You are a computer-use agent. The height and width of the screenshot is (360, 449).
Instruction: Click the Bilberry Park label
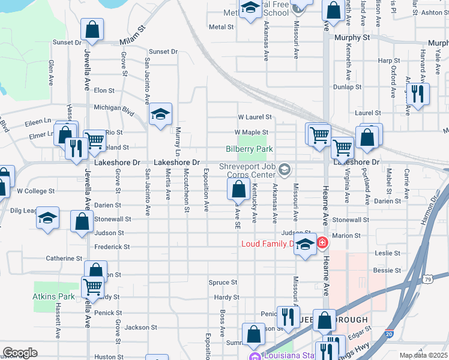pyautogui.click(x=249, y=149)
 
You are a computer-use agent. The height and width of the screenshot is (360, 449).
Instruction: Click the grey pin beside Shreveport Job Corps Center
pyautogui.click(x=285, y=170)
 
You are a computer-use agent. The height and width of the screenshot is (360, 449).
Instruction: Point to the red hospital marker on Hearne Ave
pyautogui.click(x=322, y=243)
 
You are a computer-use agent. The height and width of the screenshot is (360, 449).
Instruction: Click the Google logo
pyautogui.click(x=20, y=353)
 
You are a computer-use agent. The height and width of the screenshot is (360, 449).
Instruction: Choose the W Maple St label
pyautogui.click(x=251, y=132)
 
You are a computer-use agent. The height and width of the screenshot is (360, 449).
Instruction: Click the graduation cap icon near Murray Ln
pyautogui.click(x=160, y=115)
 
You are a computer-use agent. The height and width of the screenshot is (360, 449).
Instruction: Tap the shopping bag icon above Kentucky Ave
pyautogui.click(x=239, y=190)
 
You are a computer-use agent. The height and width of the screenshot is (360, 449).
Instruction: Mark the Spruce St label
pyautogui.click(x=223, y=282)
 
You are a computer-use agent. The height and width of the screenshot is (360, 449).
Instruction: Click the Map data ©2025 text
pyautogui.click(x=423, y=355)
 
